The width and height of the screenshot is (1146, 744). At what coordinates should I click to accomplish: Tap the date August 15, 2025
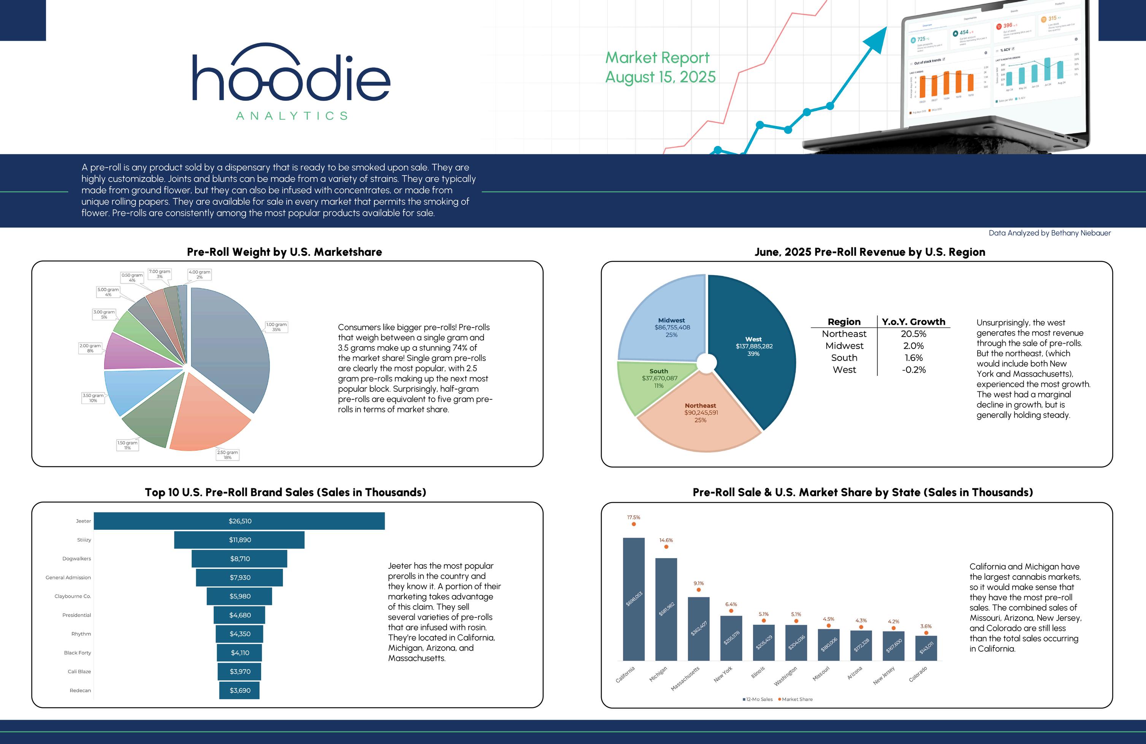click(660, 77)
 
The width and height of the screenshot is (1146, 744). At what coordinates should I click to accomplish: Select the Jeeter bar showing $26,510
click(239, 521)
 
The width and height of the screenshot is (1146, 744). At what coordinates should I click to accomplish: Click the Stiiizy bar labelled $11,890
click(239, 540)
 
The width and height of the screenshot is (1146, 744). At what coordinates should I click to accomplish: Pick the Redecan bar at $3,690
click(239, 690)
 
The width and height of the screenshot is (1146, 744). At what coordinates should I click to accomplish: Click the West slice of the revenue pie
click(754, 347)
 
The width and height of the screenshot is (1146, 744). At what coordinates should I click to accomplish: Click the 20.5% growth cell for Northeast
click(913, 334)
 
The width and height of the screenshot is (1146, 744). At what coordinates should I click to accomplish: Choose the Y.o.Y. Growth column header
click(913, 321)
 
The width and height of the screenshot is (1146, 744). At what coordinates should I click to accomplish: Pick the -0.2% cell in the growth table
click(913, 370)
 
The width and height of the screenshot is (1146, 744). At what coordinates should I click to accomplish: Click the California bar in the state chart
click(634, 599)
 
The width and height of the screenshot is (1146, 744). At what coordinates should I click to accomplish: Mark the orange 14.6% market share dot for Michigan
click(666, 547)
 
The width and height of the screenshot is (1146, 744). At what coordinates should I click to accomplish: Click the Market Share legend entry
click(796, 699)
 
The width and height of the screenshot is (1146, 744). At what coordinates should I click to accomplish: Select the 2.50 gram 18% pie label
click(227, 455)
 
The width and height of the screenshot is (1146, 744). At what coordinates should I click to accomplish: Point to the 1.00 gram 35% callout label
click(276, 327)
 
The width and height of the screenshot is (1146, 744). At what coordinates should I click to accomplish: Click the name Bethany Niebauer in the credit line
click(1081, 233)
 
